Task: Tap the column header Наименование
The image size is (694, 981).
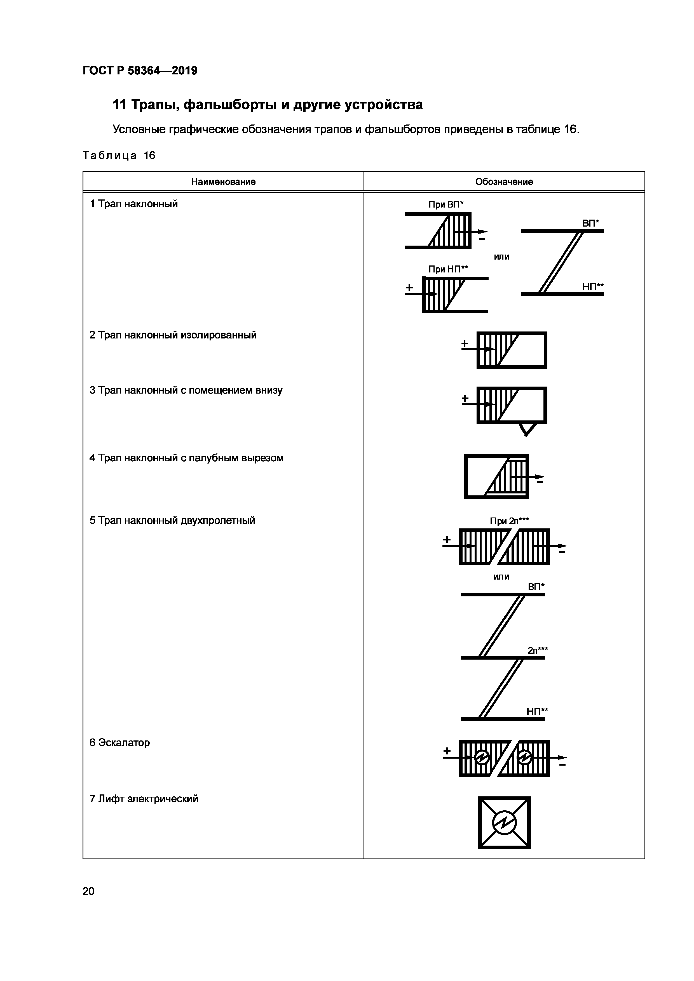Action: point(223,182)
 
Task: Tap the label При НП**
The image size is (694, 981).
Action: point(448,269)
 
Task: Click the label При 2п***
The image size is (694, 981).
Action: point(509,521)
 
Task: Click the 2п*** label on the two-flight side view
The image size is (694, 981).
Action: point(538,650)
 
